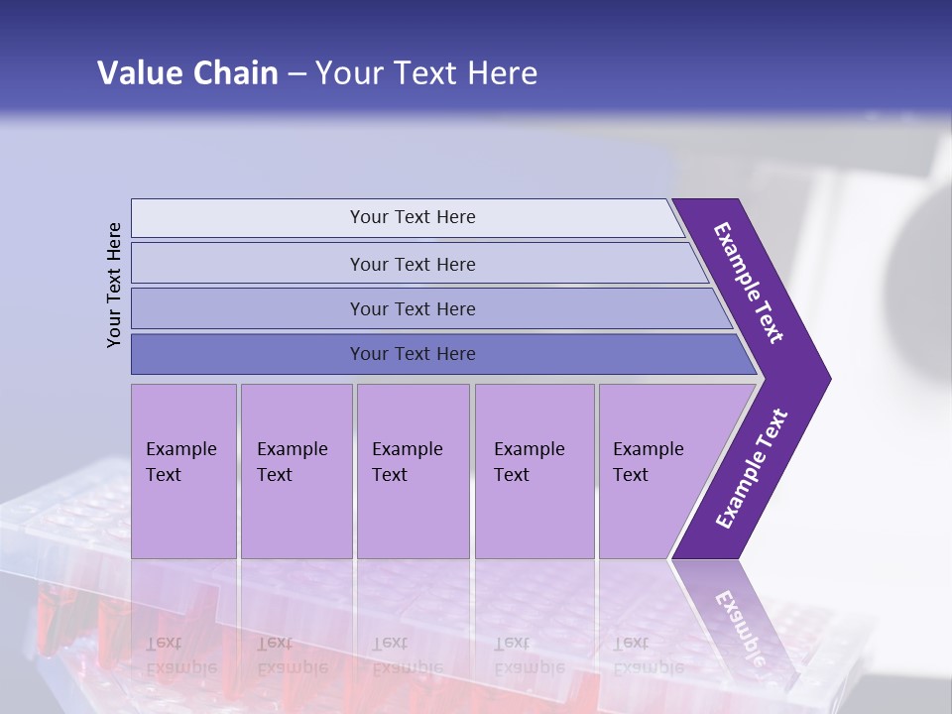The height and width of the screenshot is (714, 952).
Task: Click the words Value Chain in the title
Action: [187, 73]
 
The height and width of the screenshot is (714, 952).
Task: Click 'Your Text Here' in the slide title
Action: [426, 73]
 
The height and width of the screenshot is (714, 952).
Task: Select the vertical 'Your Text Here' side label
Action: [115, 285]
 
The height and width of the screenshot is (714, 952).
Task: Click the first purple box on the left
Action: [183, 516]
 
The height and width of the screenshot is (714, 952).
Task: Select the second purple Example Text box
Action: [296, 516]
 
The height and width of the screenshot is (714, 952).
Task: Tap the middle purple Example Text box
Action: [413, 516]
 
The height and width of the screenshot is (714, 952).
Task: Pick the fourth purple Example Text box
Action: [534, 516]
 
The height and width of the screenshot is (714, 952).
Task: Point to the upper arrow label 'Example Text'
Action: [749, 283]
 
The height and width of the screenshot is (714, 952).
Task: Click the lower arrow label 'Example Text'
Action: [752, 469]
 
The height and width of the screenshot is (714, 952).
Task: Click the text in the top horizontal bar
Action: [413, 217]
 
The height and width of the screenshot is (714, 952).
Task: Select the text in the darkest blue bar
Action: [413, 354]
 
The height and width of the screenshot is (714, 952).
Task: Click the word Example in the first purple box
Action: [180, 449]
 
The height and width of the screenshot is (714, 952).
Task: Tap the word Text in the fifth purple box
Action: [630, 475]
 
